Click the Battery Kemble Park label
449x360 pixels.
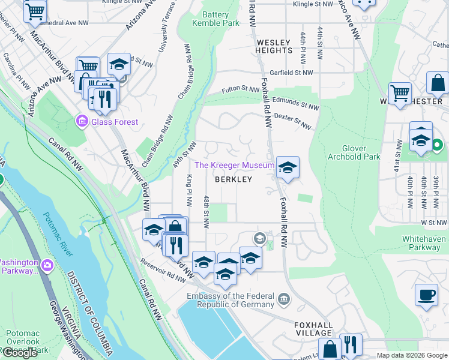click(x=215, y=19)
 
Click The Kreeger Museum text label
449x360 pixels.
click(x=234, y=165)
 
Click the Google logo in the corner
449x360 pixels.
click(x=20, y=352)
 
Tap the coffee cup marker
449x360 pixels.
click(x=426, y=295)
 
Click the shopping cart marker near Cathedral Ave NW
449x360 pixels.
click(x=35, y=10)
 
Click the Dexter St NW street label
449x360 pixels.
click(x=293, y=121)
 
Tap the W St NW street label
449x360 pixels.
click(x=435, y=222)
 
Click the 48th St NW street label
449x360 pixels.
click(x=206, y=211)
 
